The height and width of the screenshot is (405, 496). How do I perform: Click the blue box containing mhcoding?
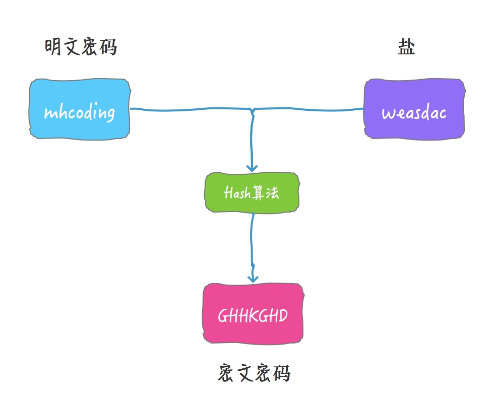[x=79, y=109]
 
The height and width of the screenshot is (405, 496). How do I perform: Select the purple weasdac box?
[x=414, y=109]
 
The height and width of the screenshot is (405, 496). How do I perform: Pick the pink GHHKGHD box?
[x=253, y=314]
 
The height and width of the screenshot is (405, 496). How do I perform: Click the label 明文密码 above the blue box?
[x=81, y=48]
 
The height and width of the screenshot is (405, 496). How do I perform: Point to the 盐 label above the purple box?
[x=406, y=48]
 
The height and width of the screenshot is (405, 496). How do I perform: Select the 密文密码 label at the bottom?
[x=255, y=374]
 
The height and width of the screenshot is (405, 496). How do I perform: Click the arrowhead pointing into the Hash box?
[x=252, y=168]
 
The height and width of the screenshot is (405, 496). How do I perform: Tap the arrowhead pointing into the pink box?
[x=253, y=278]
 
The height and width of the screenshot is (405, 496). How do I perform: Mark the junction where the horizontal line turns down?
[x=252, y=110]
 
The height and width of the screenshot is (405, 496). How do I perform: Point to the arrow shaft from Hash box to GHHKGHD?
[x=252, y=242]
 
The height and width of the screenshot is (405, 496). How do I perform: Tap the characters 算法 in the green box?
[x=266, y=192]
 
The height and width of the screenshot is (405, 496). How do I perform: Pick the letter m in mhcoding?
[x=49, y=113]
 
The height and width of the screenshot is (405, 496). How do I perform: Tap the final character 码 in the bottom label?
[x=282, y=374]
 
